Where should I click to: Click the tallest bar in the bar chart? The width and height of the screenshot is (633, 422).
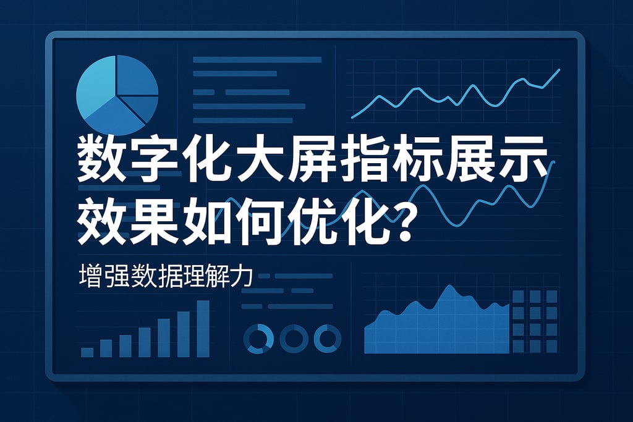tap(203, 328)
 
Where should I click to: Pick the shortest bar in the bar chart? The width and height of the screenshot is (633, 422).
tap(87, 352)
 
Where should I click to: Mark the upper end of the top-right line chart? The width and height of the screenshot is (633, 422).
tap(559, 69)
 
